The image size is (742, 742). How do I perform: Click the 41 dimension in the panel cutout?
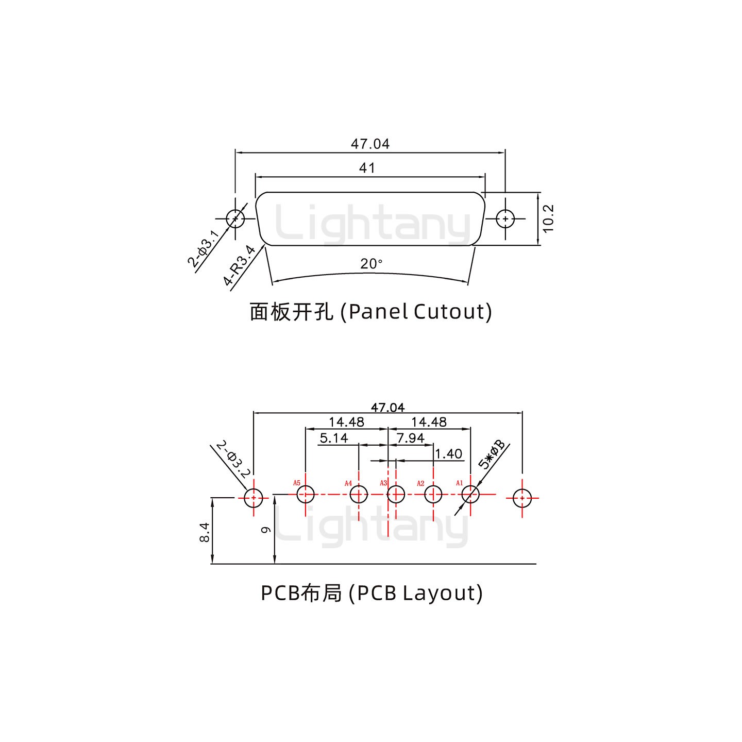pyautogui.click(x=367, y=168)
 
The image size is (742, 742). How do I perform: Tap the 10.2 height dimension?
pyautogui.click(x=548, y=218)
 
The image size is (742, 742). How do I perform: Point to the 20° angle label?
pyautogui.click(x=371, y=264)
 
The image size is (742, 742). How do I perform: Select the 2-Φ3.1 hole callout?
pyautogui.click(x=204, y=249)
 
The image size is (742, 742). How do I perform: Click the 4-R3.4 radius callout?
pyautogui.click(x=240, y=265)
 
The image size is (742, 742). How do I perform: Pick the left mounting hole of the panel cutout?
pyautogui.click(x=235, y=218)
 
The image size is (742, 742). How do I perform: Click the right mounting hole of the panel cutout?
pyautogui.click(x=505, y=218)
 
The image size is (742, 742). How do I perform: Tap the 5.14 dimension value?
pyautogui.click(x=333, y=438)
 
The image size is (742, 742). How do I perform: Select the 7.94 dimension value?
pyautogui.click(x=410, y=438)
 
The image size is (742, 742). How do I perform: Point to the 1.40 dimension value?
pyautogui.click(x=448, y=454)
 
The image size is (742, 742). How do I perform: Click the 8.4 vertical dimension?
pyautogui.click(x=204, y=532)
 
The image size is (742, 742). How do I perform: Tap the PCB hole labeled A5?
pyautogui.click(x=306, y=495)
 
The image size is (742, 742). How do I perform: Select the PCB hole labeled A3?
pyautogui.click(x=396, y=495)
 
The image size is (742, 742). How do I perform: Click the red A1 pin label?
pyautogui.click(x=459, y=483)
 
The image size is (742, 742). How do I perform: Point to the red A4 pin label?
pyautogui.click(x=348, y=483)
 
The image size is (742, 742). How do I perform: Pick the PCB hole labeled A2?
pyautogui.click(x=433, y=495)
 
